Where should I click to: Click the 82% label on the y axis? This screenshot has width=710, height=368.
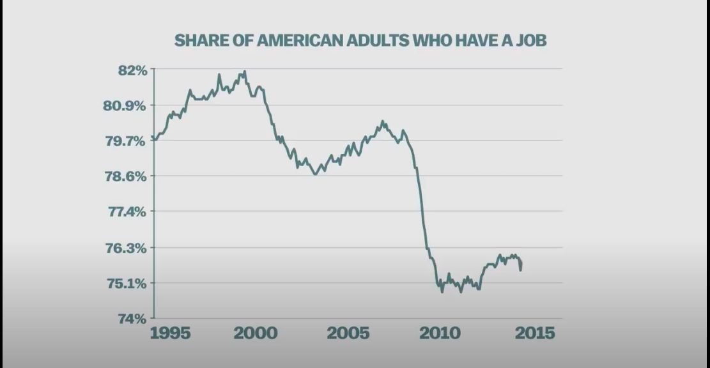(x=132, y=70)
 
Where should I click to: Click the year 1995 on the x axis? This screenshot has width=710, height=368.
(x=170, y=333)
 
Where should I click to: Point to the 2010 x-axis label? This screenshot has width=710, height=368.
(x=440, y=333)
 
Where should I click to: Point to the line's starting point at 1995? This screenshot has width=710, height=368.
(x=152, y=137)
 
